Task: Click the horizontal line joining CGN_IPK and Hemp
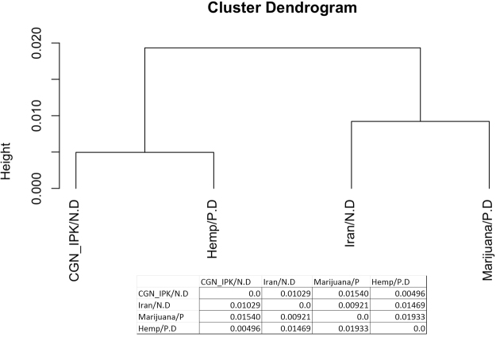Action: point(145,152)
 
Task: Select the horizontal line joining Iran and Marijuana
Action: point(420,121)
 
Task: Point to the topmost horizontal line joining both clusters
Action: point(282,48)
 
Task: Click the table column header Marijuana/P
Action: point(339,281)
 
